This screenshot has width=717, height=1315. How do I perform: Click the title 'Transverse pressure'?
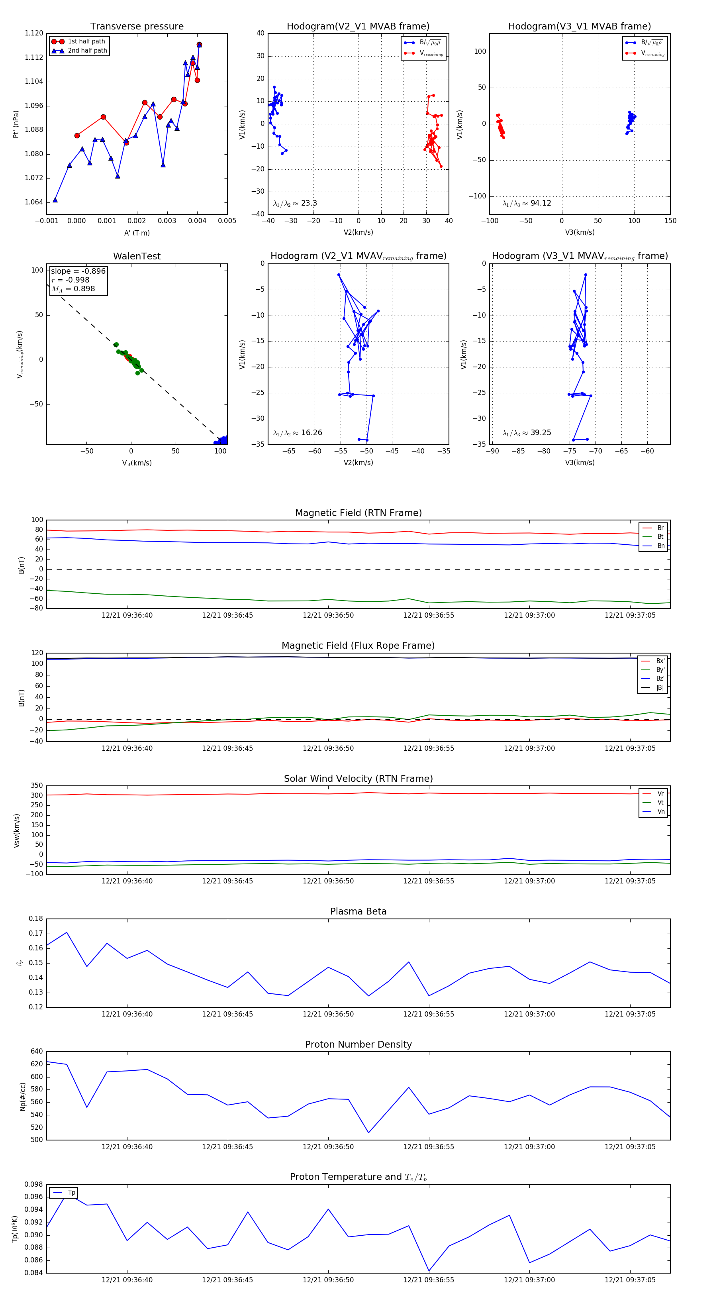coord(137,27)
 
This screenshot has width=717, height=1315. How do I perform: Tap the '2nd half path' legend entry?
coord(87,51)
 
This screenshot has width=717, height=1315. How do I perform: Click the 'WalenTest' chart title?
coord(137,256)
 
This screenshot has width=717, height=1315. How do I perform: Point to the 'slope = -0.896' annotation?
coord(78,271)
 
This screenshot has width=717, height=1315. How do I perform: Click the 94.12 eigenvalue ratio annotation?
coord(527,203)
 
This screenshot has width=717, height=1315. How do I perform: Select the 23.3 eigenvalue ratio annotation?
coord(295,203)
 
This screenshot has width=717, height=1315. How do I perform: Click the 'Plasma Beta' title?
coord(358,911)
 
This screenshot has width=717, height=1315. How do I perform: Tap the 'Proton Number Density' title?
coord(358,1044)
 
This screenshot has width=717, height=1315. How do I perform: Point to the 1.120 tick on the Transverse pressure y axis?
coord(34,33)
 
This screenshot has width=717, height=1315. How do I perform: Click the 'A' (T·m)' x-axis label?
coord(137,233)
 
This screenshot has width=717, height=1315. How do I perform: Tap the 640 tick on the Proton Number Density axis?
coord(37,1051)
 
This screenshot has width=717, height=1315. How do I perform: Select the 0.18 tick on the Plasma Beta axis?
coord(36,919)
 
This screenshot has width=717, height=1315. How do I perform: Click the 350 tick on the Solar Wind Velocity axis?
coord(37,786)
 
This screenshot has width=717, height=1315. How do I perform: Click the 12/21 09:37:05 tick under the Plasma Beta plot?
coord(630,1014)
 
